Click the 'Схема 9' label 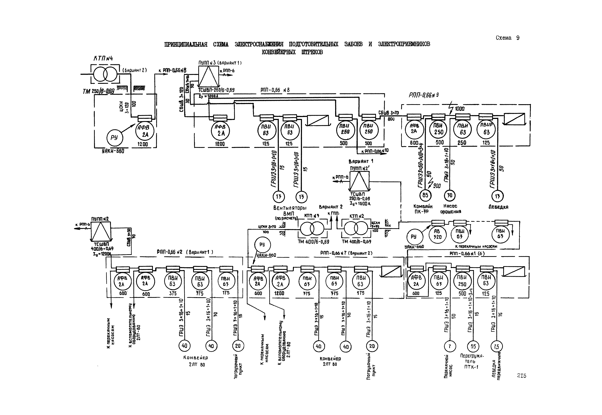(507, 38)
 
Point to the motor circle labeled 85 (425, 195)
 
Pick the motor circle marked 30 (450, 195)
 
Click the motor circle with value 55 (473, 346)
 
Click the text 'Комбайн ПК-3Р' (423, 209)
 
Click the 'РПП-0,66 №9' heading (424, 95)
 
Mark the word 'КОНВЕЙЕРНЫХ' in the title (279, 52)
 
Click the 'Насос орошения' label (450, 209)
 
